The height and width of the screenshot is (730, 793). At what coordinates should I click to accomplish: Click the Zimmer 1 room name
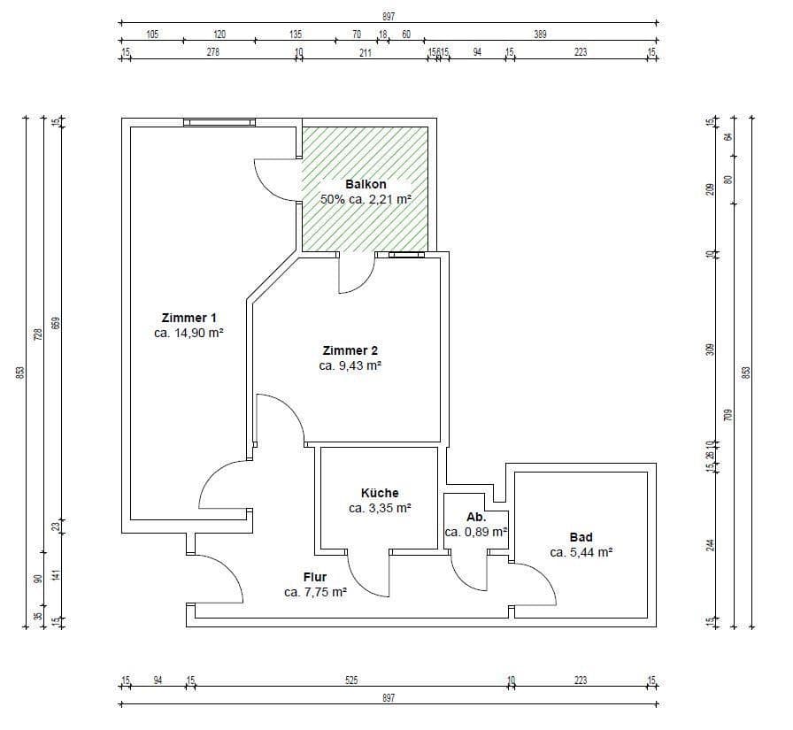tap(189, 318)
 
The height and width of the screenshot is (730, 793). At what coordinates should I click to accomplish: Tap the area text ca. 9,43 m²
tap(350, 365)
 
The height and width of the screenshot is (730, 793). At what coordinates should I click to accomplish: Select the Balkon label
tap(366, 184)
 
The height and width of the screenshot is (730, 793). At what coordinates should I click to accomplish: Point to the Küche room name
tap(380, 493)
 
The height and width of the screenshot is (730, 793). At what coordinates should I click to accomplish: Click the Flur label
tap(315, 577)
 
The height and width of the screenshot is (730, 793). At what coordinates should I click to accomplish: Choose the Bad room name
tap(581, 537)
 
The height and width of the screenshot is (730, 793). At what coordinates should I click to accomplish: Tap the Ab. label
tap(476, 517)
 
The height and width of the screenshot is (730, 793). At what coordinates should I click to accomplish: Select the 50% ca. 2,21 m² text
tap(366, 199)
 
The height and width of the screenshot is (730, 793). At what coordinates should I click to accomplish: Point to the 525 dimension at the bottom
tap(351, 680)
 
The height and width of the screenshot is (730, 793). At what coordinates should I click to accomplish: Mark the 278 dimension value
tap(212, 52)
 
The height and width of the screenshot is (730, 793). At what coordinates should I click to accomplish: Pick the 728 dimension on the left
tap(37, 334)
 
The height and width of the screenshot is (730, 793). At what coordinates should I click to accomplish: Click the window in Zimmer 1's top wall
tap(219, 122)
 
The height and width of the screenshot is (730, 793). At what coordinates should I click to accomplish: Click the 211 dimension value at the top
tap(365, 52)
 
